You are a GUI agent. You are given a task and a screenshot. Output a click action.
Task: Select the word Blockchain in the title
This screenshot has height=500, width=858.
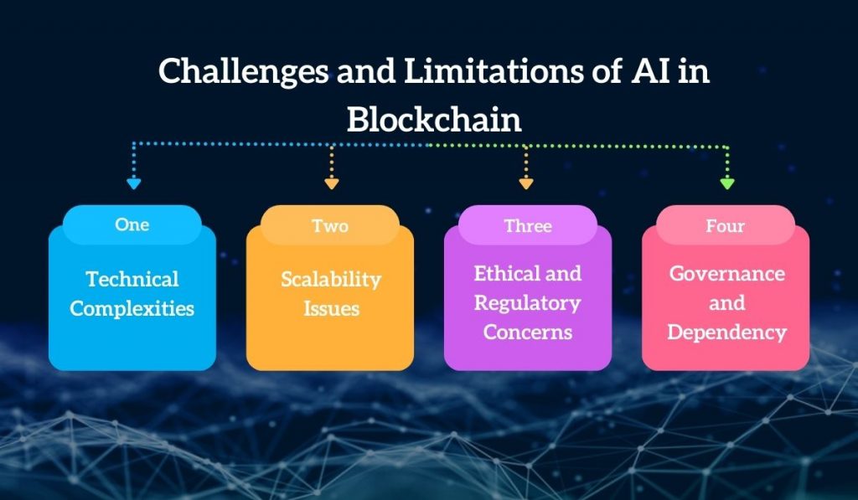click(x=434, y=120)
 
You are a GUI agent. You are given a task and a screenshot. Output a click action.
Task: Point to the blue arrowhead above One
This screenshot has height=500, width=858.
click(x=133, y=182)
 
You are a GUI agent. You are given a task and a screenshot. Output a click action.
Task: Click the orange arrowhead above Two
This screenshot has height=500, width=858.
click(x=331, y=182)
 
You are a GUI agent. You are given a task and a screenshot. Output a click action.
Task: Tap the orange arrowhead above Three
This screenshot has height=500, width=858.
click(x=525, y=182)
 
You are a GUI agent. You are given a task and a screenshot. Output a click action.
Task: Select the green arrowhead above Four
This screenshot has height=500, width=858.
click(x=726, y=182)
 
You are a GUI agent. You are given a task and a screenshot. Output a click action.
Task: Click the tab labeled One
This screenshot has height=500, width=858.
click(x=132, y=224)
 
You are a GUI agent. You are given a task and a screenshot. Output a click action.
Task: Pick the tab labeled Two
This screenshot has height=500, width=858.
click(x=330, y=225)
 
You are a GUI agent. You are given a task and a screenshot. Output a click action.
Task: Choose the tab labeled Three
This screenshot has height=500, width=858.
click(x=528, y=225)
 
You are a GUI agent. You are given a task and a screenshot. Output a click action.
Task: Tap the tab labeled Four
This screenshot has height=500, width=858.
click(x=726, y=225)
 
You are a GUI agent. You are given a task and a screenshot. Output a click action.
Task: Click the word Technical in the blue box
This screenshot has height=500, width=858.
click(x=132, y=279)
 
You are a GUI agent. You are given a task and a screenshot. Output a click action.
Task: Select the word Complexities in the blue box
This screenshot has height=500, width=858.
click(x=132, y=308)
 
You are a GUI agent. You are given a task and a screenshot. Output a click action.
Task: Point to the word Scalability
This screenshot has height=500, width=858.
click(x=330, y=280)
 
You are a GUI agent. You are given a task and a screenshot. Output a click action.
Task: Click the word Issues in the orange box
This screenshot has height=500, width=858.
click(x=330, y=308)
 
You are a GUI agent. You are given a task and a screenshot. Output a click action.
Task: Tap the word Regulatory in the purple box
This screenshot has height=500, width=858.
click(x=528, y=302)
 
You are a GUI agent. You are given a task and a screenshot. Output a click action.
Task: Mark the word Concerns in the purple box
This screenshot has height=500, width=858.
click(x=528, y=332)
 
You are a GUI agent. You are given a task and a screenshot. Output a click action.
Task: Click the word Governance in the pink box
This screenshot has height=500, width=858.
click(x=726, y=274)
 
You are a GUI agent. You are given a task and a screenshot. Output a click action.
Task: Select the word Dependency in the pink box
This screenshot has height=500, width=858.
click(x=726, y=332)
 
